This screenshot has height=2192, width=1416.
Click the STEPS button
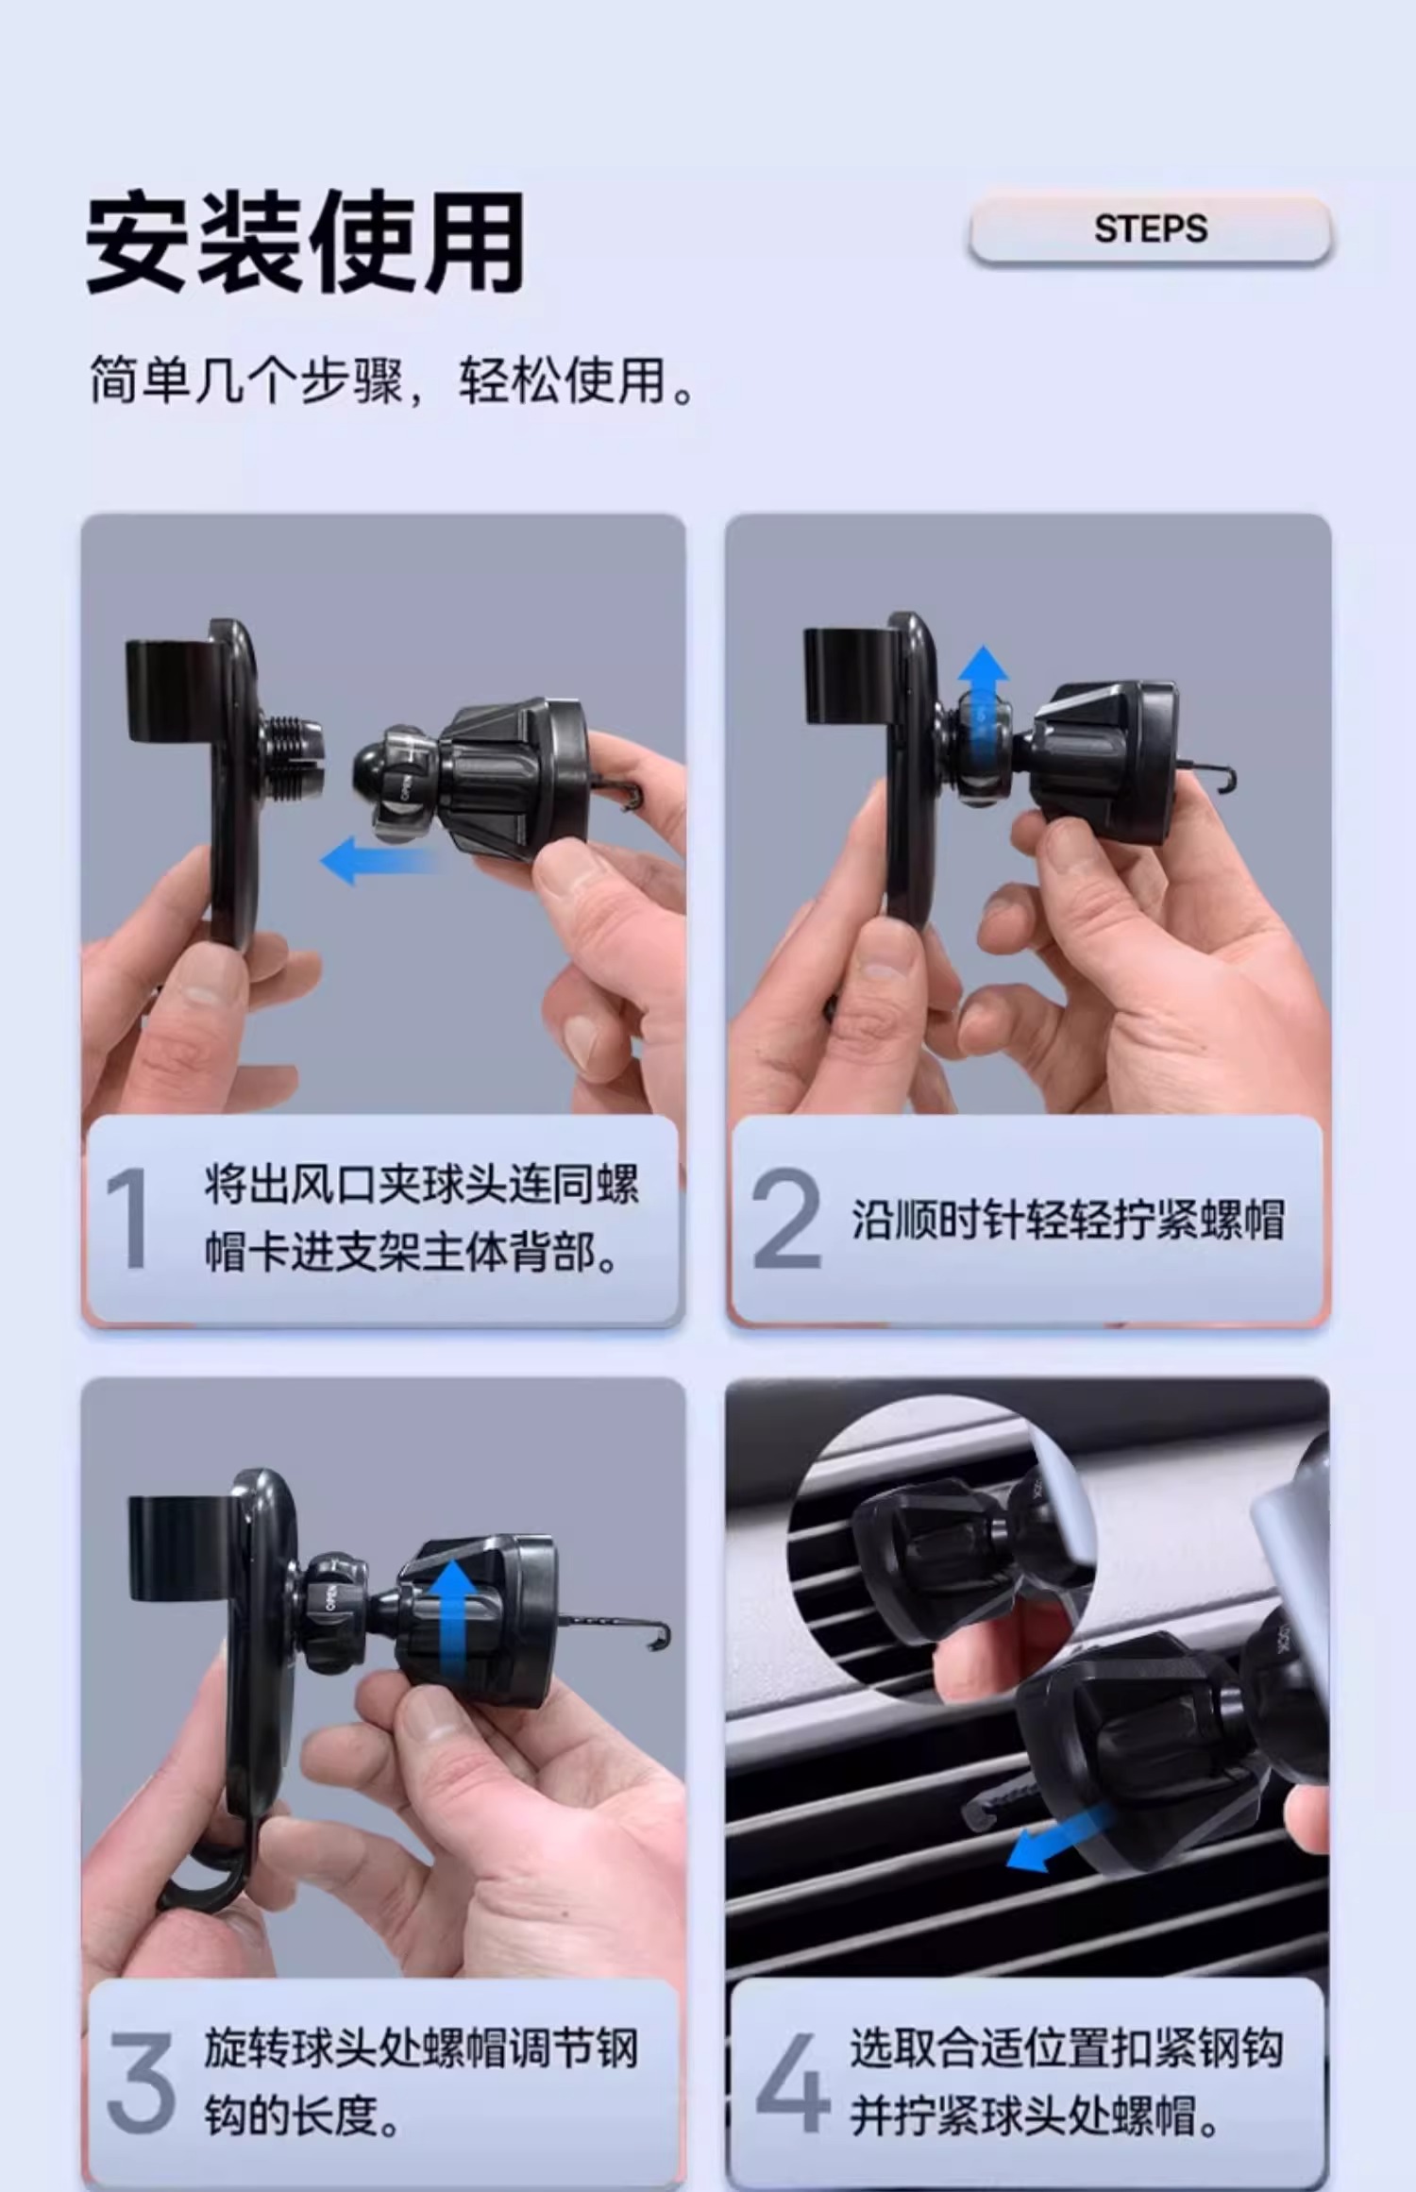(x=1150, y=228)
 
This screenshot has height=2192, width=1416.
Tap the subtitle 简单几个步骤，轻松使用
(x=392, y=380)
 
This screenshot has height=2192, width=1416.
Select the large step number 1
(x=128, y=1218)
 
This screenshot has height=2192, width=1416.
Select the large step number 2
(x=786, y=1218)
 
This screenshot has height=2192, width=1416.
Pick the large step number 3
(x=141, y=2082)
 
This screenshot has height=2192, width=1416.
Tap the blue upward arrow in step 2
(x=983, y=699)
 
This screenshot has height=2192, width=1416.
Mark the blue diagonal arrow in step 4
(x=1057, y=1838)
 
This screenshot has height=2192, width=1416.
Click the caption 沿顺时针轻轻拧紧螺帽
(x=1068, y=1220)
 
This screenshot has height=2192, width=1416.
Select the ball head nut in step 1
(x=396, y=784)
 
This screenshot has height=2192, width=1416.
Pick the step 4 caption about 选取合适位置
(x=1068, y=2082)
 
